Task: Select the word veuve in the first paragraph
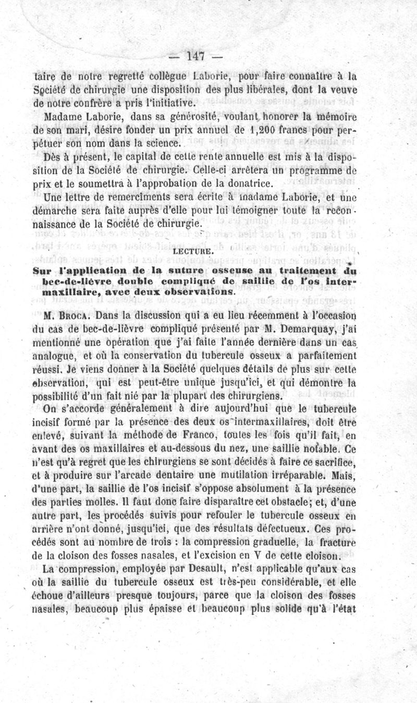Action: [x=345, y=89]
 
